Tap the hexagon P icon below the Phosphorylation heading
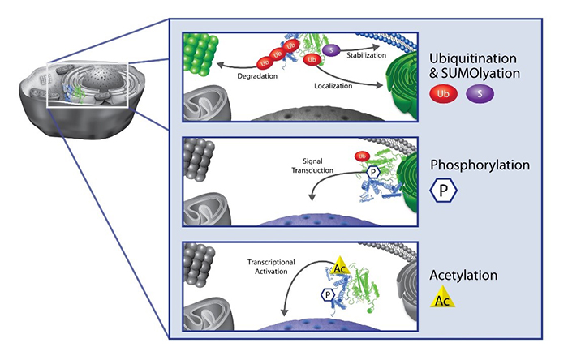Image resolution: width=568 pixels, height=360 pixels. (445, 194)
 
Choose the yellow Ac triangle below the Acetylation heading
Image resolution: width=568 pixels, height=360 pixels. (444, 299)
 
